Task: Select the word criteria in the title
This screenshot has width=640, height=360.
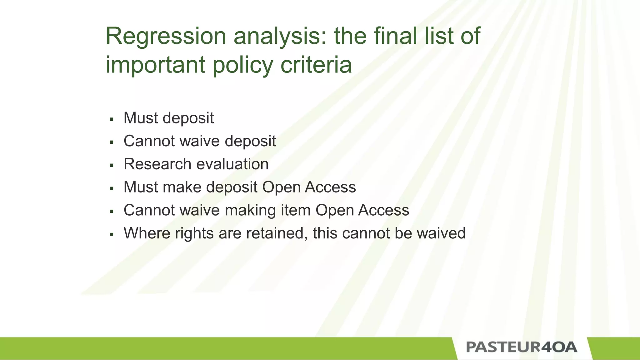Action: pyautogui.click(x=316, y=65)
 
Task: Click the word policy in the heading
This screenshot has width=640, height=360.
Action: pyautogui.click(x=243, y=65)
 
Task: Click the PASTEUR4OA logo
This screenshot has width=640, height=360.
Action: pyautogui.click(x=522, y=347)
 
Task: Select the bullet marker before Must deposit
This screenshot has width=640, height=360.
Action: pyautogui.click(x=112, y=119)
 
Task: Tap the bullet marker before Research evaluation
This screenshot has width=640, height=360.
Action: pyautogui.click(x=112, y=165)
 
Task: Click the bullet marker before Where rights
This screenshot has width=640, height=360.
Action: pyautogui.click(x=112, y=234)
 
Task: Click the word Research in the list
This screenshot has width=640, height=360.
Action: pyautogui.click(x=157, y=164)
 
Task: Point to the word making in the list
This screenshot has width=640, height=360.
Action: pyautogui.click(x=250, y=210)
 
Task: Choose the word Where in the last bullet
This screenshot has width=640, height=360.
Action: pyautogui.click(x=147, y=233)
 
